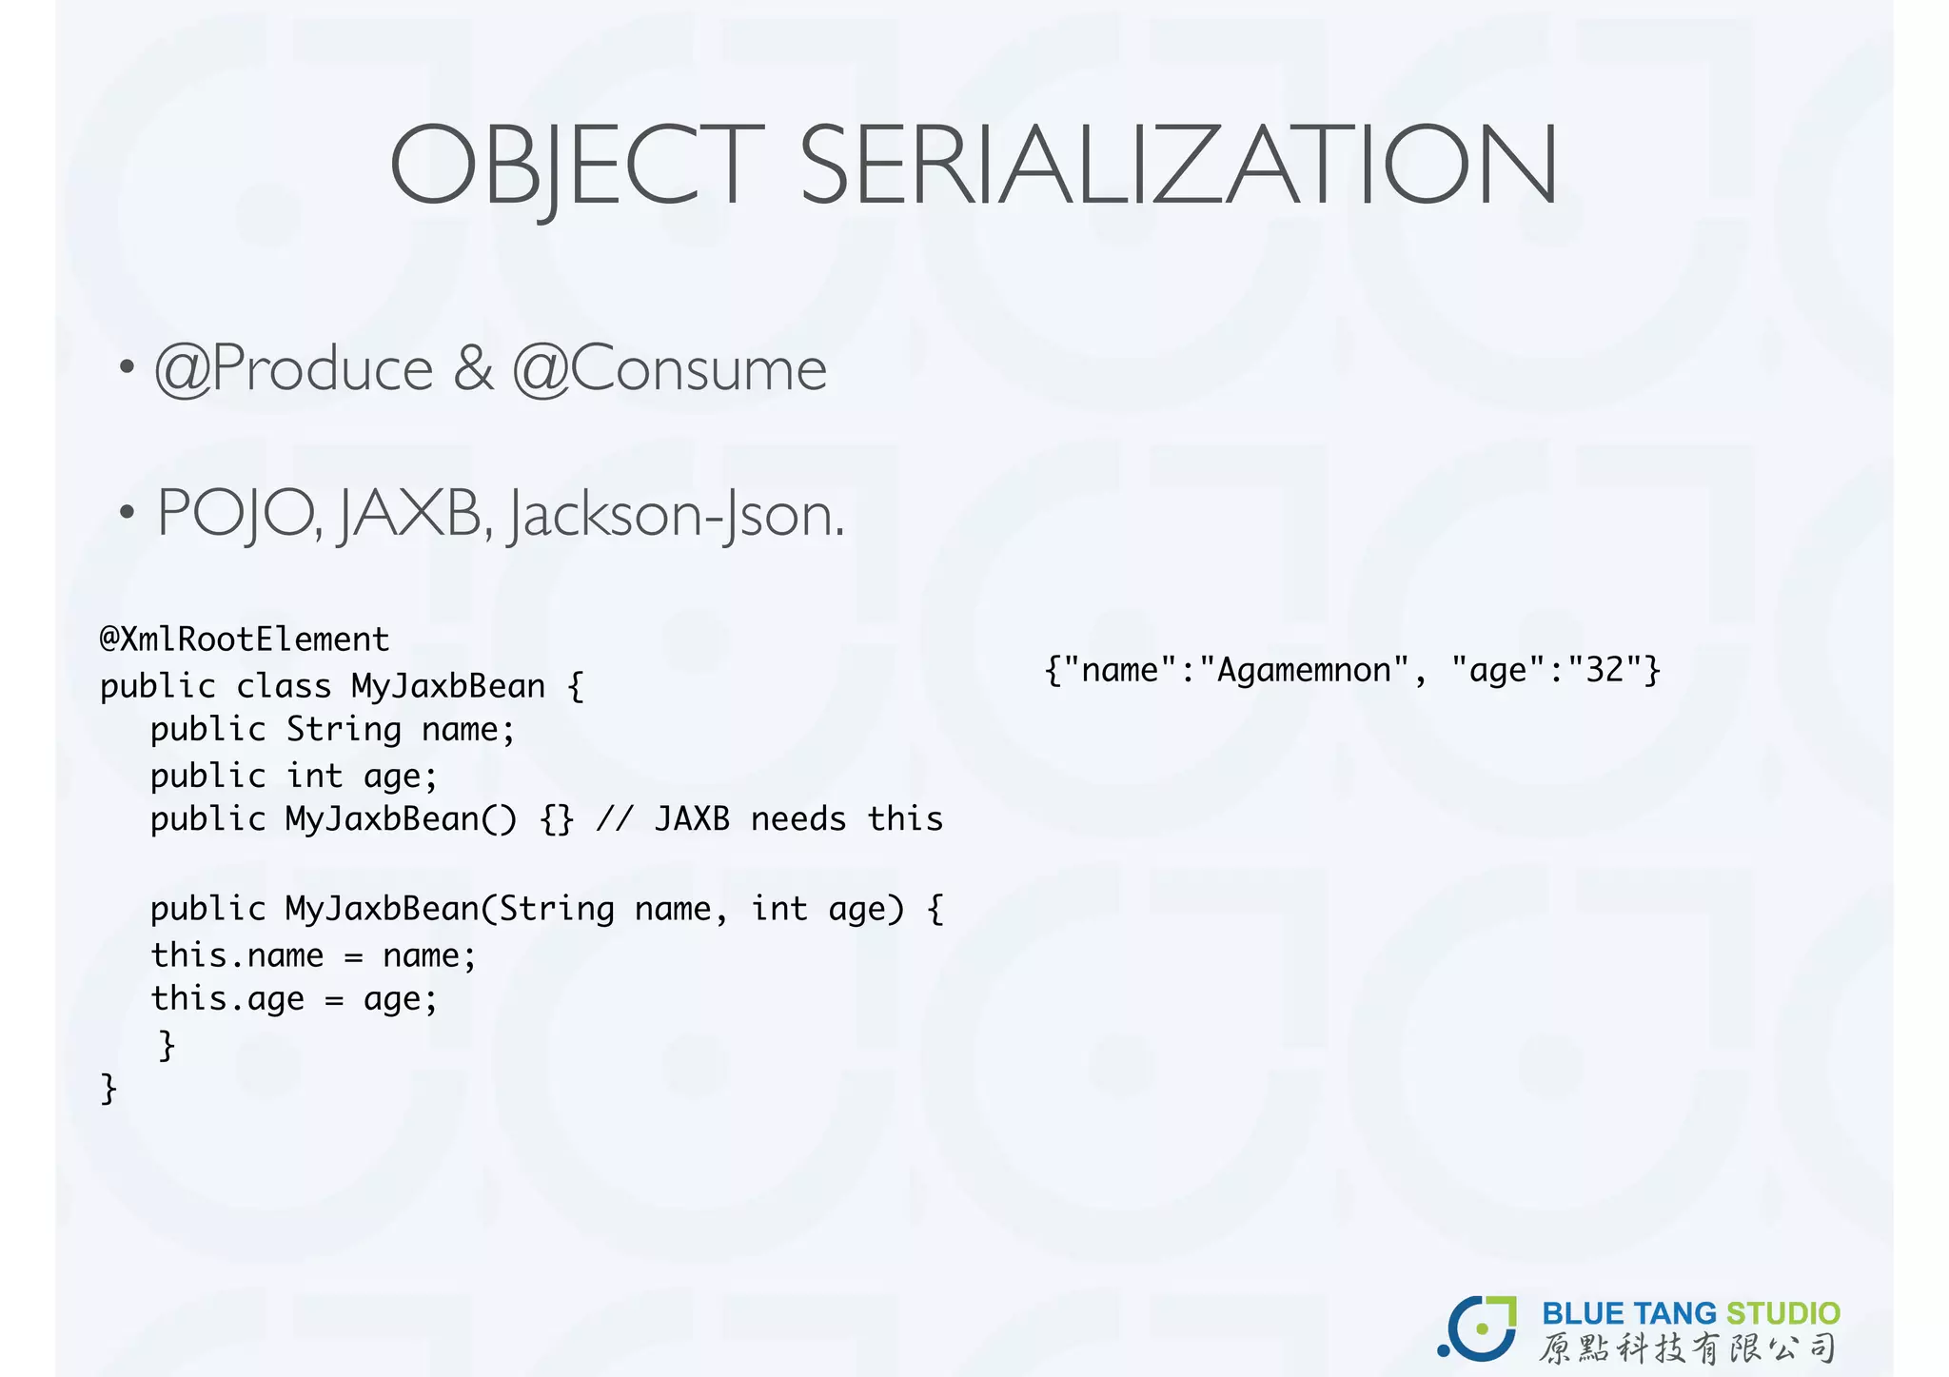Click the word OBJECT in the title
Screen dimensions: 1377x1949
tap(577, 166)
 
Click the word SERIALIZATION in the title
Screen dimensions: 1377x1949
tap(1178, 166)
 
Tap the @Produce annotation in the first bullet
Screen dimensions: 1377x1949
tap(294, 369)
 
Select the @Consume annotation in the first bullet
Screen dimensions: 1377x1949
tap(670, 369)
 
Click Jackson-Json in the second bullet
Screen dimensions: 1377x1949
tap(676, 516)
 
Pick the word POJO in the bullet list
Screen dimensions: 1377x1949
tap(238, 514)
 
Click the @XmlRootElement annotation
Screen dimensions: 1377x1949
tap(245, 639)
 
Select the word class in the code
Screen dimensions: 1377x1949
tap(284, 686)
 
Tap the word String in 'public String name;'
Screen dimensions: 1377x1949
tap(344, 730)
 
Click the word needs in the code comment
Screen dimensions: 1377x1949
tap(797, 819)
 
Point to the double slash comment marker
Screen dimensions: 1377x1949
tap(614, 819)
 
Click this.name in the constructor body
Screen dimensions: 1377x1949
tap(237, 955)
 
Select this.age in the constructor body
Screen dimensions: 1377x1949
tap(227, 999)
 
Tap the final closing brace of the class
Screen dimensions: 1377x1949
tap(108, 1088)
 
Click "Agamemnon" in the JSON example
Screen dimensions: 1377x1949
tap(1304, 671)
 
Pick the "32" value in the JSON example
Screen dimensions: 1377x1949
tap(1605, 671)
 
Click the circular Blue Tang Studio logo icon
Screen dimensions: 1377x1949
tap(1478, 1328)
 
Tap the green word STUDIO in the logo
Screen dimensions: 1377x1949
tap(1782, 1314)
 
